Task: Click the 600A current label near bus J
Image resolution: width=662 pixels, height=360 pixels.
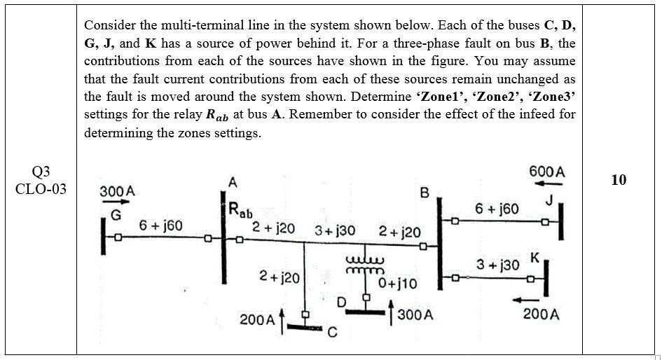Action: (547, 172)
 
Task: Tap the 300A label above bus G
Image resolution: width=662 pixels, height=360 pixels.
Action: (117, 191)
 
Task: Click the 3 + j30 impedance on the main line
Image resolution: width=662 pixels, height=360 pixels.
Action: (335, 230)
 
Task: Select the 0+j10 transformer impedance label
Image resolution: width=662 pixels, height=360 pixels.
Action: (397, 284)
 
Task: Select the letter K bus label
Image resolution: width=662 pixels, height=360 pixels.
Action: (535, 257)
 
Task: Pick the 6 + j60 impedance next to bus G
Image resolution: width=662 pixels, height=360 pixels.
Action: (160, 226)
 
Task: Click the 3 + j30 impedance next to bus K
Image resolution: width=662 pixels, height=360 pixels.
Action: (497, 265)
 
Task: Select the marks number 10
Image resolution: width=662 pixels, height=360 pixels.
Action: (618, 180)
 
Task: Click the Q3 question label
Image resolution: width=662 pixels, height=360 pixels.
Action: (41, 172)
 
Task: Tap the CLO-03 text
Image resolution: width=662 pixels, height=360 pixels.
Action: (41, 189)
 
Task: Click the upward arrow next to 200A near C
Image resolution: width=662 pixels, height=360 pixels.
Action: (282, 320)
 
